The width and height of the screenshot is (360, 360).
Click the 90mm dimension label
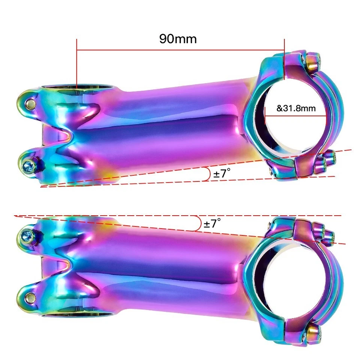[178, 39]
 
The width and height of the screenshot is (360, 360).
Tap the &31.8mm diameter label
[296, 109]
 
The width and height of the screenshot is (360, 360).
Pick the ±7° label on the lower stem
[212, 224]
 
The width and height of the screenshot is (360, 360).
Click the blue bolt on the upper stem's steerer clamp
[28, 164]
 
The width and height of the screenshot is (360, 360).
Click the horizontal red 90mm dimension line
[180, 49]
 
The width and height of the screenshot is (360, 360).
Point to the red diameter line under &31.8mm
[296, 115]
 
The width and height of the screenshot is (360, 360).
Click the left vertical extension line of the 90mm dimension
[76, 64]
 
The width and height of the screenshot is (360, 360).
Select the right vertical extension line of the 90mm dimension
[284, 60]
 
